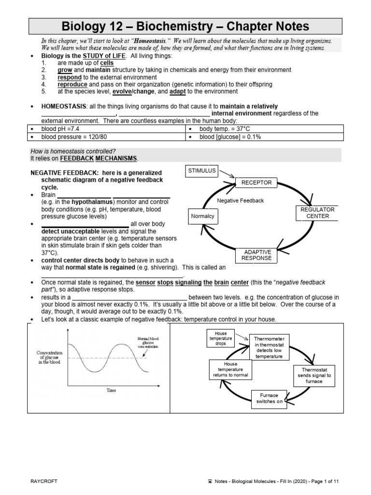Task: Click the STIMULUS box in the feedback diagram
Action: [202, 170]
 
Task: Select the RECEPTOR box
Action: [257, 182]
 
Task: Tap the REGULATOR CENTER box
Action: [317, 213]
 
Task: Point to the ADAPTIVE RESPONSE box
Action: [257, 255]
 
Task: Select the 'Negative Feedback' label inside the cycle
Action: [241, 201]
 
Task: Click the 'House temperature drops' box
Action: [221, 338]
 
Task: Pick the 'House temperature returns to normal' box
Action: [227, 370]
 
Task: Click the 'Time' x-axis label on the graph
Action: [111, 390]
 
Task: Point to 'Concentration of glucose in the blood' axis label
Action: [49, 358]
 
